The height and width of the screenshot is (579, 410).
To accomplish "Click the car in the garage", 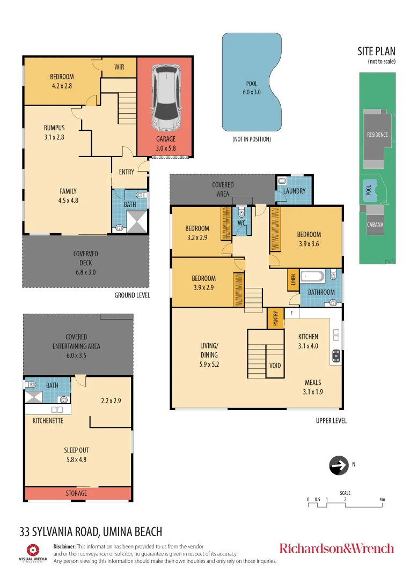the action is (166, 98).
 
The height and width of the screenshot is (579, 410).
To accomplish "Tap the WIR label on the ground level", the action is (119, 67).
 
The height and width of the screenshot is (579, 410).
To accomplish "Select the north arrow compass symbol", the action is (339, 465).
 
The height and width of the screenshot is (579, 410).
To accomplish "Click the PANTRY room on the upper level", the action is (275, 318).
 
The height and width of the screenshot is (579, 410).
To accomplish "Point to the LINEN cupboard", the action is (293, 279).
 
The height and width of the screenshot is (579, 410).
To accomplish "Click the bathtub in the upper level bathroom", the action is (313, 276).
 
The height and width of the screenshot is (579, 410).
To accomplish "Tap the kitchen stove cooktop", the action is (336, 356).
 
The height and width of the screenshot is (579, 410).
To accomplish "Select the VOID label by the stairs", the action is (275, 366).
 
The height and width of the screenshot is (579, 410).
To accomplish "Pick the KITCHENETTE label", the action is (48, 421).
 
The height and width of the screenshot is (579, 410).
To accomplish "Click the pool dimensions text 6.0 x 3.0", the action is (251, 92).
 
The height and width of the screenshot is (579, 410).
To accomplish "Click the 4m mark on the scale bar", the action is (382, 500).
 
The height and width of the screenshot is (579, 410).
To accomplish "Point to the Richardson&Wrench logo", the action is (336, 548).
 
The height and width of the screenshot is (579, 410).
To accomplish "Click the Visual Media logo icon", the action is (33, 550).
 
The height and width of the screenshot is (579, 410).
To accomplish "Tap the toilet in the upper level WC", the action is (241, 212).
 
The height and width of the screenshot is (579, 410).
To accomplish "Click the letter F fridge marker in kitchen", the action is (292, 313).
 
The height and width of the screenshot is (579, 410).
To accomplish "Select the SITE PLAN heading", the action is (376, 51).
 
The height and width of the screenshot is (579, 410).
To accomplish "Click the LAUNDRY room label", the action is (294, 191).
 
